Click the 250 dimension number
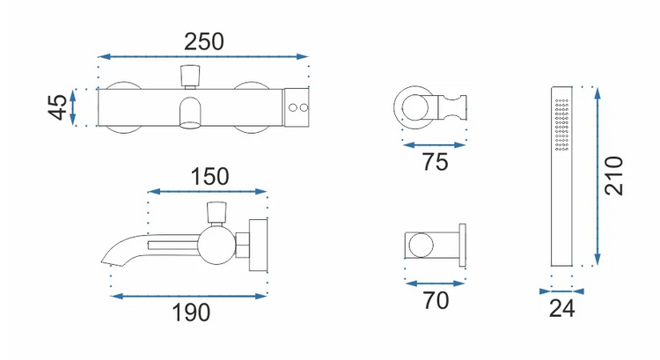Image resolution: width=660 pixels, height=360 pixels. point(204,41)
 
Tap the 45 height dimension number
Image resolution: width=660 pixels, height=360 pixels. point(57,107)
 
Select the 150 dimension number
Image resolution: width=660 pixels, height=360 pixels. point(209,176)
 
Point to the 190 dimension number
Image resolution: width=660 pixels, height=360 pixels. point(191,312)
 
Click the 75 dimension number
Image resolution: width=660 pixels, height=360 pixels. point(435,162)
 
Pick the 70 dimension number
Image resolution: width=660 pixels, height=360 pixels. point(436,301)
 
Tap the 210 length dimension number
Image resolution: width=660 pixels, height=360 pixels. point(613,175)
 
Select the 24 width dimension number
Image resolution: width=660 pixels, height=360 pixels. point(562,309)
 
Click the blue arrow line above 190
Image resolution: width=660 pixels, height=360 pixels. point(188,297)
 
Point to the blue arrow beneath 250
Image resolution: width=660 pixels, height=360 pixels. point(203,56)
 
